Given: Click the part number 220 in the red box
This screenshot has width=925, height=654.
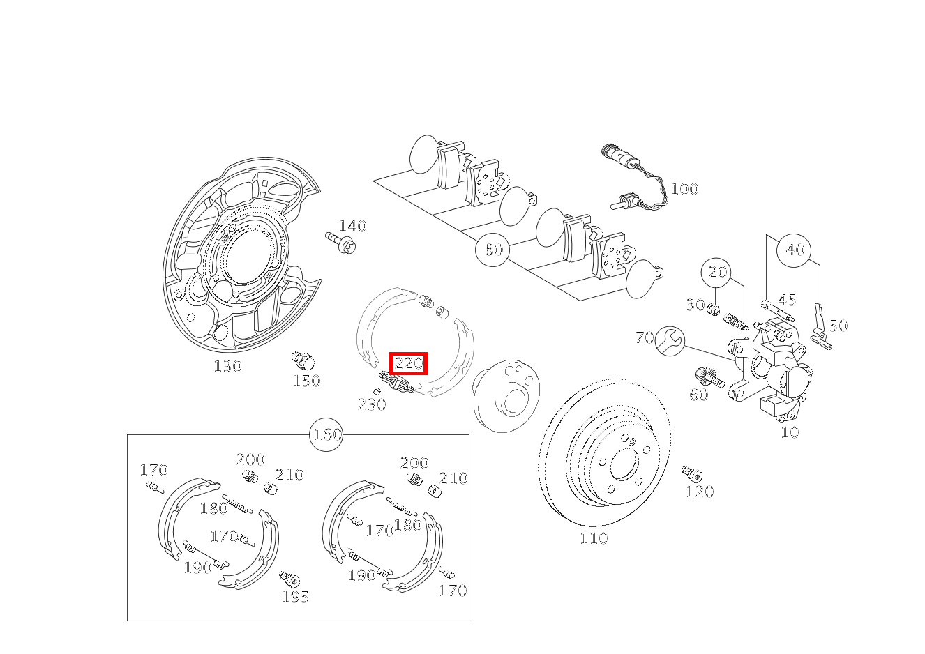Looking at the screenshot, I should click(x=408, y=363).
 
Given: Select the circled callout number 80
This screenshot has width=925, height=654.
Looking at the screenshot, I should click(x=493, y=249).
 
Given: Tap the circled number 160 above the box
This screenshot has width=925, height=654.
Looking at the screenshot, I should click(x=327, y=434).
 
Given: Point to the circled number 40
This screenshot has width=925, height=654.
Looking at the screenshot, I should click(x=795, y=250).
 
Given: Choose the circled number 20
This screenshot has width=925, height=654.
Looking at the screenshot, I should click(x=718, y=272).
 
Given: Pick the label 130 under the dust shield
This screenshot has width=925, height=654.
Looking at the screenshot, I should click(x=227, y=366).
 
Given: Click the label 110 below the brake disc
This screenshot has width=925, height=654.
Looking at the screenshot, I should click(x=594, y=538).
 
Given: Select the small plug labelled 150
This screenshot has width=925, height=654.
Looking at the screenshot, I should click(x=303, y=361).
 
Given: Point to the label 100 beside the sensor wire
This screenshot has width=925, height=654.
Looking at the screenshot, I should click(x=684, y=189).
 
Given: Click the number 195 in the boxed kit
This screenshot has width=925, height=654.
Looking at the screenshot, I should click(x=295, y=597).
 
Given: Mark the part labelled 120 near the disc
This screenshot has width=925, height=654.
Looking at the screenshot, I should click(x=692, y=475).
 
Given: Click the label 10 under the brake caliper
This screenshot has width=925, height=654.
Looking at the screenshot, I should click(x=790, y=432).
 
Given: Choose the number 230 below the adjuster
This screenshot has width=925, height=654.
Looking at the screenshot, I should click(x=372, y=404).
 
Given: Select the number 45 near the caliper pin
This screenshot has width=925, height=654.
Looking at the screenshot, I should click(x=787, y=300).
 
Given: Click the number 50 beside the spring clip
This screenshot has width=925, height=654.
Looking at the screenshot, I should click(x=838, y=326).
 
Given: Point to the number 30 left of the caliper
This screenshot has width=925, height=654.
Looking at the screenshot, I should click(x=695, y=305).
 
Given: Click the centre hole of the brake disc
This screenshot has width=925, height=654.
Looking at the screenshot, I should click(x=620, y=463).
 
